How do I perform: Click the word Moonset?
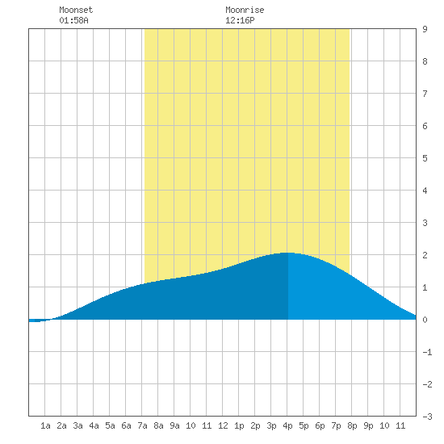coord(76,10)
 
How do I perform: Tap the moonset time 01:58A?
coord(73,20)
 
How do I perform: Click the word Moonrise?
coord(245,10)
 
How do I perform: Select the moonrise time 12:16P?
coord(240,20)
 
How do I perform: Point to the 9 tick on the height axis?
coord(425,29)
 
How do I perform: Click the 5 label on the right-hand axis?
coord(425,158)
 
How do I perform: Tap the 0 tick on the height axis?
coord(425,320)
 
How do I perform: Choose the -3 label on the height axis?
coord(427,417)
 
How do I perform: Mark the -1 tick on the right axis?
coord(427,352)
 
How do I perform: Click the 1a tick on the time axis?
coord(45,425)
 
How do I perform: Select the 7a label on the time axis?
coord(142,425)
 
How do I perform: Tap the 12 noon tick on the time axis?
coord(223,425)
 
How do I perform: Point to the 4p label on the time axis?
coord(287,425)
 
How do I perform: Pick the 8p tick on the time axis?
coord(352,425)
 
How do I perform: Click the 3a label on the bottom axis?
coord(77,425)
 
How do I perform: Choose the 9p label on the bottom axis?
coord(368,425)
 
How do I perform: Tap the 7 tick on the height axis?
coord(425,94)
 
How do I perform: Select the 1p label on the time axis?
coord(239,425)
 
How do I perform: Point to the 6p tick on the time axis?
coord(320,425)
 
